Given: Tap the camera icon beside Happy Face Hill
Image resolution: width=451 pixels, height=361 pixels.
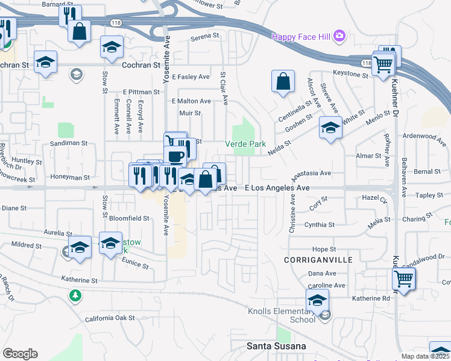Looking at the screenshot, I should point(339,36).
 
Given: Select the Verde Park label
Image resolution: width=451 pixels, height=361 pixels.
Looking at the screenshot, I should point(245,144).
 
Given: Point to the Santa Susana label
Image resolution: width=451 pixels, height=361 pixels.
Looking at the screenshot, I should point(277,346).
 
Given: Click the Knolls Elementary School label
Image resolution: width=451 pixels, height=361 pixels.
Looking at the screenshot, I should point(282,315).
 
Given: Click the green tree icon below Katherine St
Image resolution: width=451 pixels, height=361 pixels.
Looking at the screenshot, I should point(75,295).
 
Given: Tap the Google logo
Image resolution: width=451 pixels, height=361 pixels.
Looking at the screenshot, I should point(20,354).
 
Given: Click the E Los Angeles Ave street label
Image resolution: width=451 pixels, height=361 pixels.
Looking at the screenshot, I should point(277,188).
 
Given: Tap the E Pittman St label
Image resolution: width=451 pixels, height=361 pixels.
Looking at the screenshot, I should point(140,92).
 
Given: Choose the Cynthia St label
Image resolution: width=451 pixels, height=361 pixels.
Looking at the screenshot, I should point(320,224).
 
